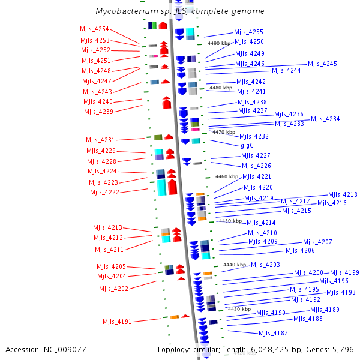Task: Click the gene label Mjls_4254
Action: click(x=94, y=29)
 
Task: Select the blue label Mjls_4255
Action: click(x=248, y=32)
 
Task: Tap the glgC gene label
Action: click(x=247, y=146)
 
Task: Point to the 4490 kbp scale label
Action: click(x=218, y=43)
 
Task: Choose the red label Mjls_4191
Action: click(x=116, y=322)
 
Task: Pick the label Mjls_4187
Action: click(x=273, y=334)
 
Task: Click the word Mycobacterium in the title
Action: click(x=124, y=11)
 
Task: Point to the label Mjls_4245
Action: click(x=322, y=64)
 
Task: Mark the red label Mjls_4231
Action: click(x=100, y=140)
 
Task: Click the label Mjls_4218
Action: click(x=343, y=195)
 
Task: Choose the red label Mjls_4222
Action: click(x=104, y=193)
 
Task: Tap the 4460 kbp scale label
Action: click(x=226, y=176)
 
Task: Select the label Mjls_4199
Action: click(x=344, y=273)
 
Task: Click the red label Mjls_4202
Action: click(x=113, y=289)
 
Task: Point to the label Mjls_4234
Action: click(x=325, y=119)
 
